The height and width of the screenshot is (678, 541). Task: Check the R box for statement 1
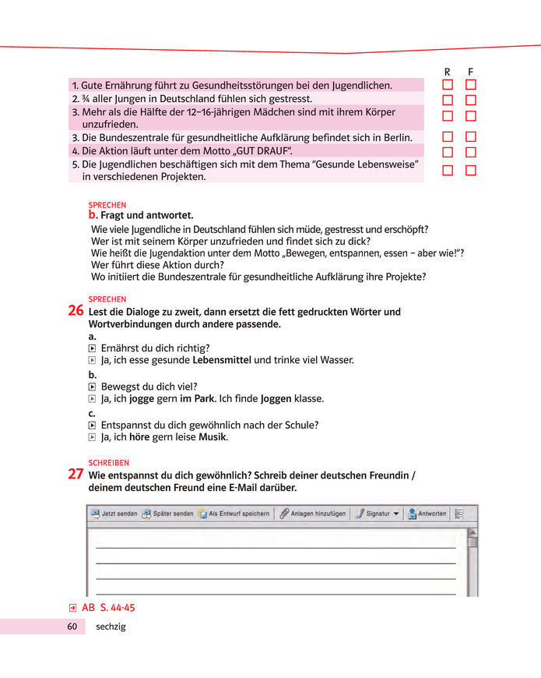(x=448, y=84)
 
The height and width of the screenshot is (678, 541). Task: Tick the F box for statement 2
(x=471, y=100)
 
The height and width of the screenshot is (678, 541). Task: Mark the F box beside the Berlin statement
(x=471, y=136)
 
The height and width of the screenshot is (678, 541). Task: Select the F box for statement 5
(x=471, y=170)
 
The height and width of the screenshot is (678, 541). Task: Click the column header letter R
(x=447, y=72)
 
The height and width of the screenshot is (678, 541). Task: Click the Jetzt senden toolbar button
(x=114, y=514)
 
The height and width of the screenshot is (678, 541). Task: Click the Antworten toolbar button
(x=427, y=514)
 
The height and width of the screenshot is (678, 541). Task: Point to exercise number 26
(x=76, y=311)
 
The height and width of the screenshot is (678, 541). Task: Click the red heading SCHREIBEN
(x=108, y=462)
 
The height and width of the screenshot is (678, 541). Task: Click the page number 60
(x=72, y=627)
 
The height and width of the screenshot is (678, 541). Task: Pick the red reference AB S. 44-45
(x=102, y=607)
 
